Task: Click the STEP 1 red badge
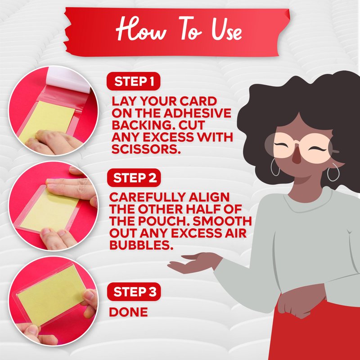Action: coord(133,81)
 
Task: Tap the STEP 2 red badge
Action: coord(134,178)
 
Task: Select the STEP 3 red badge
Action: coord(134,292)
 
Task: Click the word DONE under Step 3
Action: coord(128,312)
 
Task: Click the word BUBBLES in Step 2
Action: coord(141,245)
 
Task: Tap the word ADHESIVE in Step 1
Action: coord(198,113)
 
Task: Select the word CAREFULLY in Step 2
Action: coord(147,197)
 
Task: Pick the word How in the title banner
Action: coord(140,29)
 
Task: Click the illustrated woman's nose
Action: coord(297,156)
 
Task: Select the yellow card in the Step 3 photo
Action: coord(51,295)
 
